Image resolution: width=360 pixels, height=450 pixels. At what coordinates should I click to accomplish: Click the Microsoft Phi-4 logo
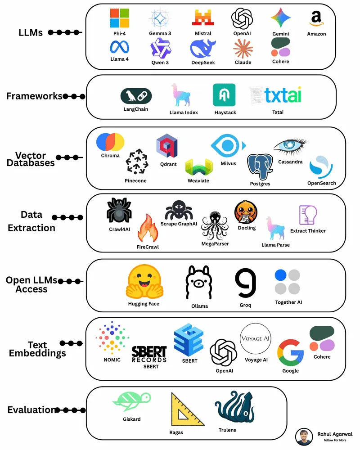point(119,18)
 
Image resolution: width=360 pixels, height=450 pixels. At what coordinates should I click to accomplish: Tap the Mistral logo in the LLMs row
point(203,18)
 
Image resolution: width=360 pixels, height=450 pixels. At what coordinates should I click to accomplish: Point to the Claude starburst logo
point(243,48)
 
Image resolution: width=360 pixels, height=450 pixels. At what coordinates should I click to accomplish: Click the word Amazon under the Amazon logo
point(316,34)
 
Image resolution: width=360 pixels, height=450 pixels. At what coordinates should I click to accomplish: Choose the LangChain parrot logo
point(136,96)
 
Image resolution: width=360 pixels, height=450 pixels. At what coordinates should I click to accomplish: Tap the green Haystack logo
point(224,95)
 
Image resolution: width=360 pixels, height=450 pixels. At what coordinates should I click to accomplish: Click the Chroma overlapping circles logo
point(110,142)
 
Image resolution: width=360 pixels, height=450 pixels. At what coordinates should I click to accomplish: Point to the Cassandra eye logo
point(290,147)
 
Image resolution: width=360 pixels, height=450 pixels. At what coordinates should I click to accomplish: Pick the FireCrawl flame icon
point(147,229)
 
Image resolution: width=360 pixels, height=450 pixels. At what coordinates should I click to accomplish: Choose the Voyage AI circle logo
point(256,339)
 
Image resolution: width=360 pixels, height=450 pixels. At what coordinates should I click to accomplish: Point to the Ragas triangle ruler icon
point(186,410)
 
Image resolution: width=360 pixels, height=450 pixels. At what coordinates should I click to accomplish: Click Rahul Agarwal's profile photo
point(304,436)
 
